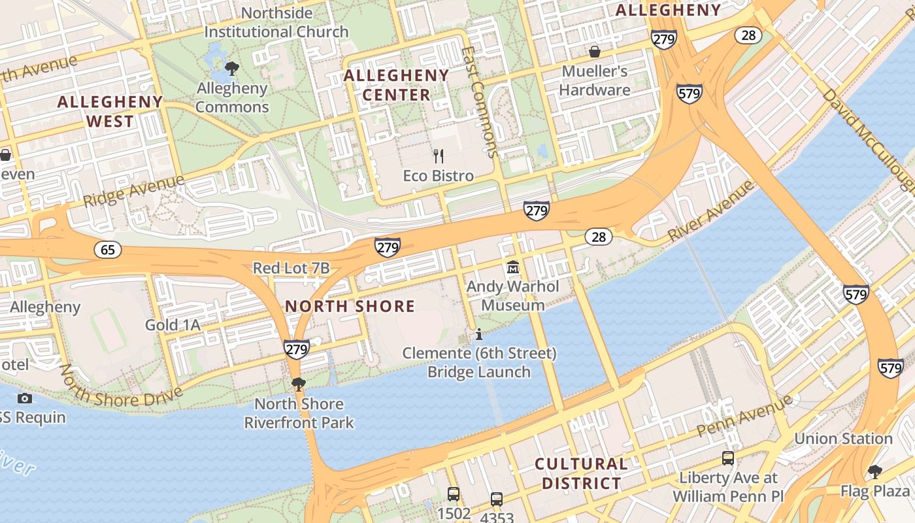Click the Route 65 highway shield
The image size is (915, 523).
coord(108,249)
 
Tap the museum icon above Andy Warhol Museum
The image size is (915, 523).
coord(513,267)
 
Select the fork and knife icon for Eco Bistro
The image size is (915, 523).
coord(439,156)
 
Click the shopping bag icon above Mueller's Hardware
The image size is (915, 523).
coord(595,51)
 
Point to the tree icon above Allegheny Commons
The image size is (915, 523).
coord(231,68)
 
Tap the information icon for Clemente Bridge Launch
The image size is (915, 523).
coord(479,335)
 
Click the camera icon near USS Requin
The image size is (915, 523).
coord(25,398)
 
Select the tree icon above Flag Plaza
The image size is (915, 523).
coord(875,471)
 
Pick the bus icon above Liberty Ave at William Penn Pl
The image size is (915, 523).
coord(728,458)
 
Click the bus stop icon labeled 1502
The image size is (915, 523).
coord(454,494)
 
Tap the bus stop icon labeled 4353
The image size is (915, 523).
coord(497,499)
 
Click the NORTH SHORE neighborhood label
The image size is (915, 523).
coord(350,306)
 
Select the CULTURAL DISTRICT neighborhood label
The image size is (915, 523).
coord(581,474)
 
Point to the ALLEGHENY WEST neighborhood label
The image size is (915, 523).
coord(110,111)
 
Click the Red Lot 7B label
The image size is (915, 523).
coord(291,268)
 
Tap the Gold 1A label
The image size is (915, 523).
coord(173,325)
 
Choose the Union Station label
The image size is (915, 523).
coord(843,439)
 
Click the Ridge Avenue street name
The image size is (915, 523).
coord(134,190)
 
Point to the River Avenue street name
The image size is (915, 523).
coord(711,211)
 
